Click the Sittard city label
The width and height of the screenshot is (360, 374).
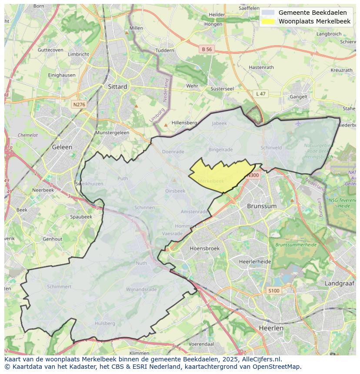pos(117,86)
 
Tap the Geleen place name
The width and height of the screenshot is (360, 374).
pos(62,147)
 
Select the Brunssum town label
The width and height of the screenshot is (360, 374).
pos(261,206)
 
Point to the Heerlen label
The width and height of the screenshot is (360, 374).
pos(270,328)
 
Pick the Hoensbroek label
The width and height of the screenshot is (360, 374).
pos(204,248)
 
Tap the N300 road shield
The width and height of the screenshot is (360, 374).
pos(252,175)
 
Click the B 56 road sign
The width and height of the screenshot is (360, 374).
pos(207,50)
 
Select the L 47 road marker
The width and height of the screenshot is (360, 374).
pos(260,94)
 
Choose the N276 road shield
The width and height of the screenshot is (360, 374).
pos(79,105)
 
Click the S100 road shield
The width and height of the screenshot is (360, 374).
pos(273,291)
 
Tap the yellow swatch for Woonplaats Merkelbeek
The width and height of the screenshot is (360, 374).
pos(269,21)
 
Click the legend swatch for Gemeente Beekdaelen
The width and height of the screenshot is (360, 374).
pos(269,13)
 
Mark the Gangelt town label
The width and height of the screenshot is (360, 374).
pos(299,97)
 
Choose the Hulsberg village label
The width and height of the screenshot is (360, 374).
pos(105,323)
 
